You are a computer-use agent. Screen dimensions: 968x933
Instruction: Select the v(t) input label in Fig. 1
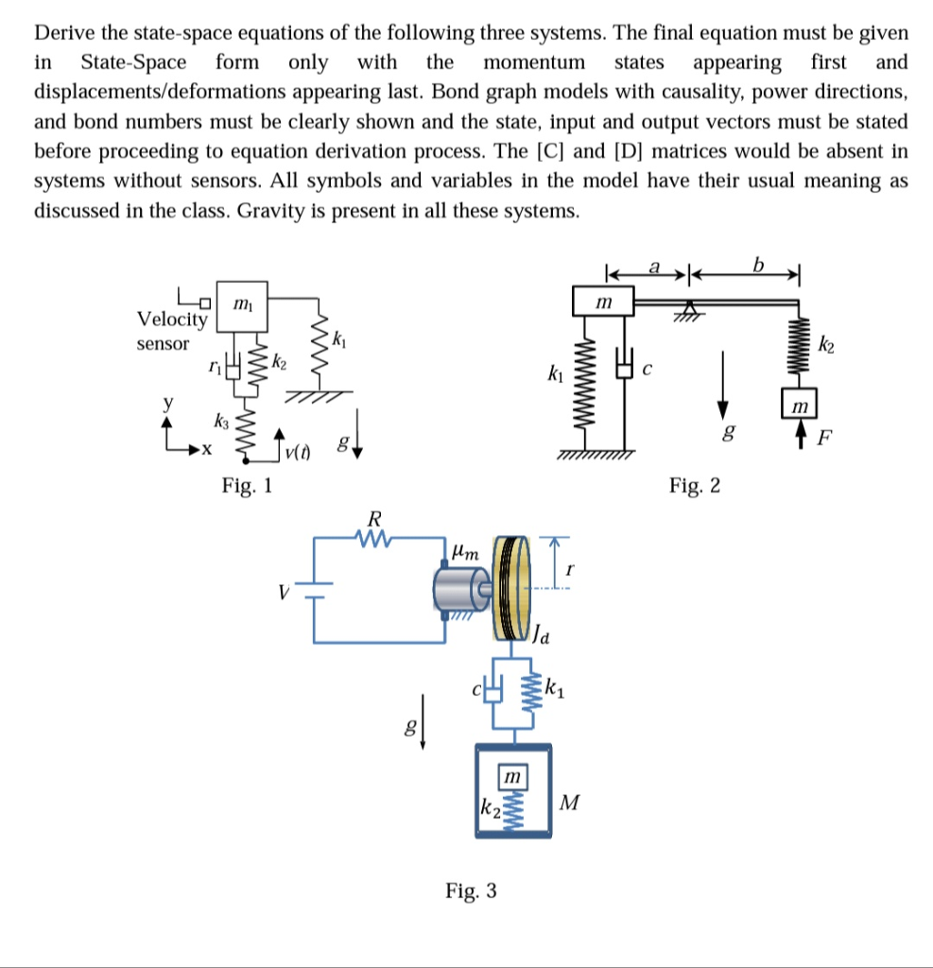(x=298, y=453)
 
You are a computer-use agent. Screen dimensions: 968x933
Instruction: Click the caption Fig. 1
(x=247, y=486)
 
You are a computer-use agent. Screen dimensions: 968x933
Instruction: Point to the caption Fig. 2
(x=694, y=486)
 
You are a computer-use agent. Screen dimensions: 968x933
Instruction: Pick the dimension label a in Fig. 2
(x=652, y=266)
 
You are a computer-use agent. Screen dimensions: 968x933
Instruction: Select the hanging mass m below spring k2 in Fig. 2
(x=799, y=405)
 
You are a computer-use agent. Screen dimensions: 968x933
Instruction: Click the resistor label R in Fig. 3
(x=374, y=519)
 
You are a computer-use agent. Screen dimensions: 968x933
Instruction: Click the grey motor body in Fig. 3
(x=458, y=587)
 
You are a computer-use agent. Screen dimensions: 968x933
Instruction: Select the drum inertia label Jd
(x=539, y=634)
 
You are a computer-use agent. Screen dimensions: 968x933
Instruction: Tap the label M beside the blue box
(x=569, y=804)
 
